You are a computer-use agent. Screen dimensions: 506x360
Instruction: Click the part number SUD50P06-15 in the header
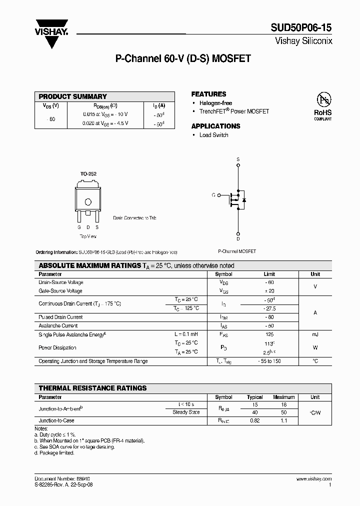click(x=302, y=28)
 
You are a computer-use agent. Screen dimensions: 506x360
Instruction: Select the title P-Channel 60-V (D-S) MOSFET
click(x=183, y=59)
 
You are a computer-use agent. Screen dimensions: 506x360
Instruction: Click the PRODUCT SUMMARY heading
click(x=73, y=96)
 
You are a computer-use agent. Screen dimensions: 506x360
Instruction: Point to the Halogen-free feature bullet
click(x=215, y=103)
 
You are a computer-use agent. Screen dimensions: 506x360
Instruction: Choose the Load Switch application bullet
click(x=213, y=135)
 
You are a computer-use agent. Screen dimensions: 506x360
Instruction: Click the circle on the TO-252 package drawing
click(x=88, y=202)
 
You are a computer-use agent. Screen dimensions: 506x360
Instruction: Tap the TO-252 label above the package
click(x=88, y=174)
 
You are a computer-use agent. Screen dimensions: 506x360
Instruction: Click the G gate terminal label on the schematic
click(x=213, y=194)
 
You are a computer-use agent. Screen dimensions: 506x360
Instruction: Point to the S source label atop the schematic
click(x=238, y=159)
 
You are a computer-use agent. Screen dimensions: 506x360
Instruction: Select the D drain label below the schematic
click(x=238, y=239)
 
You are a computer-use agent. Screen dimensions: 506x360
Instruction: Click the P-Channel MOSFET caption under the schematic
click(x=237, y=251)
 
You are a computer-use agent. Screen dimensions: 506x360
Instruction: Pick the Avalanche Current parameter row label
click(x=58, y=325)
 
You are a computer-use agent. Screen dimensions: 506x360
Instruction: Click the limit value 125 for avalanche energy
click(x=269, y=334)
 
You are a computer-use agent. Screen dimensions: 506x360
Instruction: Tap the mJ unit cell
click(x=315, y=334)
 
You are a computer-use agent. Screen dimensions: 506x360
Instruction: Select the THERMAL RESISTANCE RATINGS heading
click(x=92, y=388)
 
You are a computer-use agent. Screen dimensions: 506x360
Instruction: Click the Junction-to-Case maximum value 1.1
click(x=283, y=421)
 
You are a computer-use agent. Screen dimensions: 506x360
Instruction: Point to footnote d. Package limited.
click(x=54, y=453)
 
